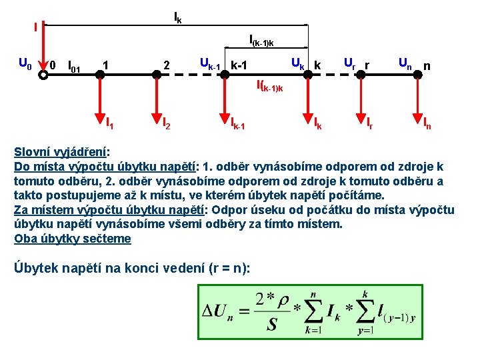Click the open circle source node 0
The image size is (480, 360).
pos(43,74)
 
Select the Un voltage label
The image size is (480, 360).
pos(405,64)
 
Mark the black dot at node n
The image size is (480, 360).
pos(417,74)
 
